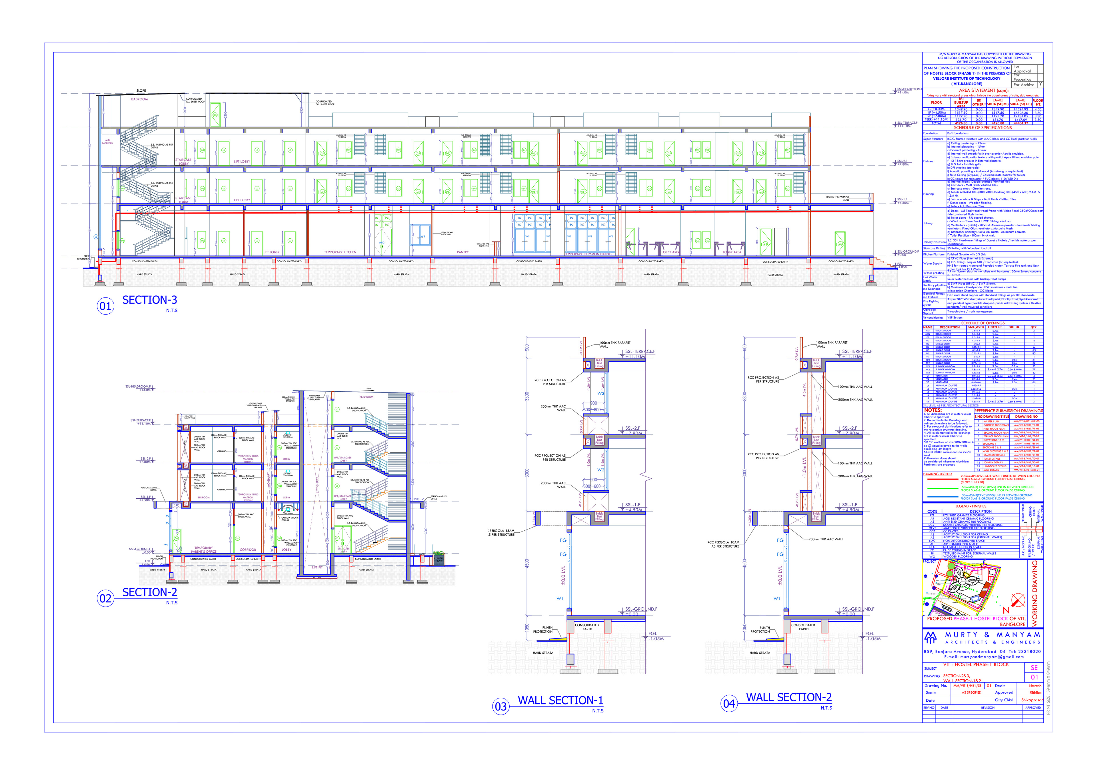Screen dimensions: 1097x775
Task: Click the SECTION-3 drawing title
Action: [149, 300]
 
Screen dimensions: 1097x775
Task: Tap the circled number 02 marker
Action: [105, 598]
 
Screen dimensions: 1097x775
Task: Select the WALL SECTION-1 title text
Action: [560, 700]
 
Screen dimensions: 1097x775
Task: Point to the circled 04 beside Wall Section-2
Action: [729, 703]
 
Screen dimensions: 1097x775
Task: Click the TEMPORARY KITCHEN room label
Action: [340, 252]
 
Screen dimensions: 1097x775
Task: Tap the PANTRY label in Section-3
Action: [463, 252]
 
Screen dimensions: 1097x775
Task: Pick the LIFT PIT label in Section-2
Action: [318, 567]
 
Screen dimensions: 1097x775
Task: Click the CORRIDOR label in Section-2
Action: [248, 549]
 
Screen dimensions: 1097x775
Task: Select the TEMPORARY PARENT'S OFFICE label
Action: [204, 549]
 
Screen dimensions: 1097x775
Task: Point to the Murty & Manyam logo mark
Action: [931, 637]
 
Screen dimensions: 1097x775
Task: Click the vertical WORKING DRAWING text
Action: [1035, 593]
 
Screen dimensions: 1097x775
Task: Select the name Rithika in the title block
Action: [1035, 693]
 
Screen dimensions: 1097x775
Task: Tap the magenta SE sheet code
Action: [1034, 668]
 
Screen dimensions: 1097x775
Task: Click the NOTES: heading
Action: [933, 410]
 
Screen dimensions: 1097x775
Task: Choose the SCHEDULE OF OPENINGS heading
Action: [983, 323]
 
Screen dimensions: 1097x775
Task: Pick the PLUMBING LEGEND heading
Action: [937, 474]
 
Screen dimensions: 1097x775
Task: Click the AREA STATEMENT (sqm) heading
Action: [983, 90]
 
